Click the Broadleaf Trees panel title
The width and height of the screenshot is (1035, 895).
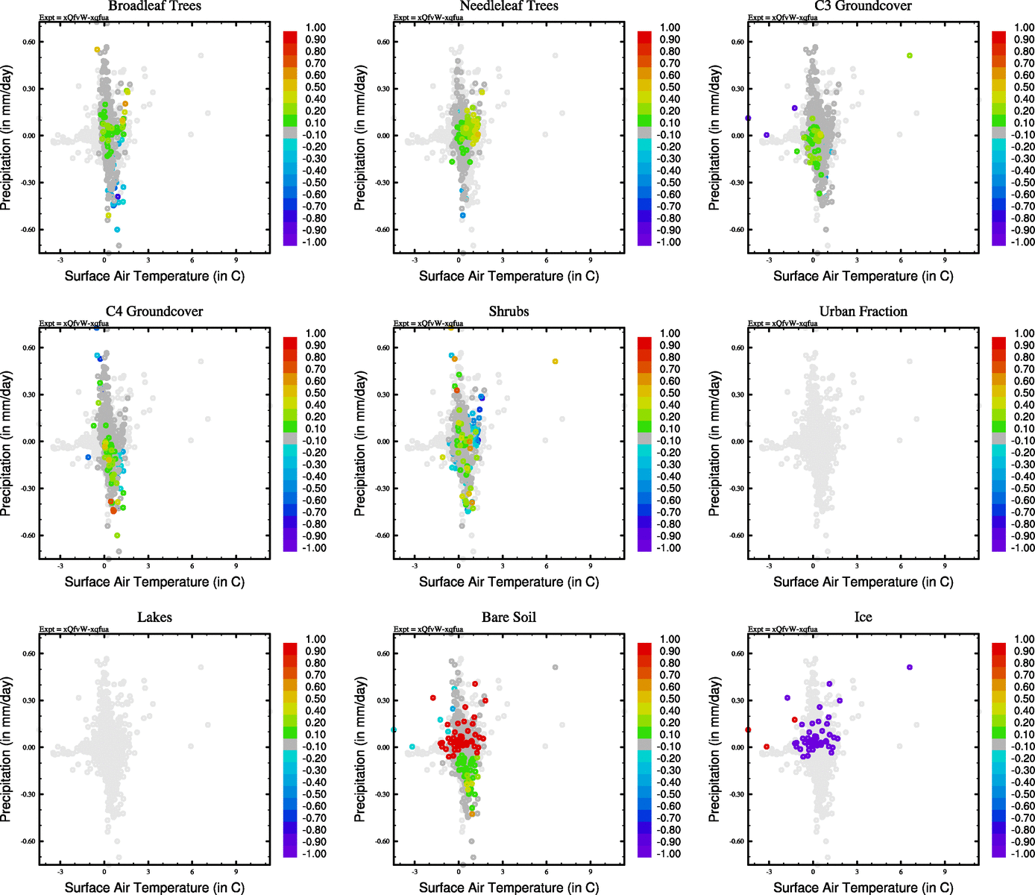pyautogui.click(x=154, y=6)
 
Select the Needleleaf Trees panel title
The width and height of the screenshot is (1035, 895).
pyautogui.click(x=509, y=6)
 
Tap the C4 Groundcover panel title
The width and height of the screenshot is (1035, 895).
pyautogui.click(x=154, y=312)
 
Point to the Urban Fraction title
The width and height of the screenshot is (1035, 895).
pyautogui.click(x=863, y=312)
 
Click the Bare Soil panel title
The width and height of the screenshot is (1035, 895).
pyautogui.click(x=509, y=618)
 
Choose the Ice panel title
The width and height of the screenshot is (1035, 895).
pyautogui.click(x=863, y=618)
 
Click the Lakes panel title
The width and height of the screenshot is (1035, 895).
pyautogui.click(x=154, y=618)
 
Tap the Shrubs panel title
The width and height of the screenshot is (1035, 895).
pyautogui.click(x=509, y=312)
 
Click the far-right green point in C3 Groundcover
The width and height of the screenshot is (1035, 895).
pyautogui.click(x=909, y=56)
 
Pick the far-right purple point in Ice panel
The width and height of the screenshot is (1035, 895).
pyautogui.click(x=909, y=668)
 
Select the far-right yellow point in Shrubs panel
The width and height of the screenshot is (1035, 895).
pyautogui.click(x=555, y=362)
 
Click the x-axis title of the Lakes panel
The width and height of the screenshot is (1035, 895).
pyautogui.click(x=154, y=888)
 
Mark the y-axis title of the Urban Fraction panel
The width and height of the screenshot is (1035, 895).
pyautogui.click(x=714, y=443)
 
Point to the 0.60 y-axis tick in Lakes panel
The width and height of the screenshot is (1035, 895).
pyautogui.click(x=28, y=653)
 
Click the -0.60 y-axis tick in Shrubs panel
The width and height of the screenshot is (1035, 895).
pyautogui.click(x=383, y=536)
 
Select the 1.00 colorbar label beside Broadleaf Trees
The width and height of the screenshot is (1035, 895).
pyautogui.click(x=315, y=28)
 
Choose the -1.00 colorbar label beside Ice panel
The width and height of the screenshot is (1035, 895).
pyautogui.click(x=1022, y=853)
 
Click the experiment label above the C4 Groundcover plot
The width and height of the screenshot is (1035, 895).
pyautogui.click(x=74, y=324)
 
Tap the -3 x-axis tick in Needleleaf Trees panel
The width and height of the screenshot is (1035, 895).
pyautogui.click(x=415, y=260)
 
